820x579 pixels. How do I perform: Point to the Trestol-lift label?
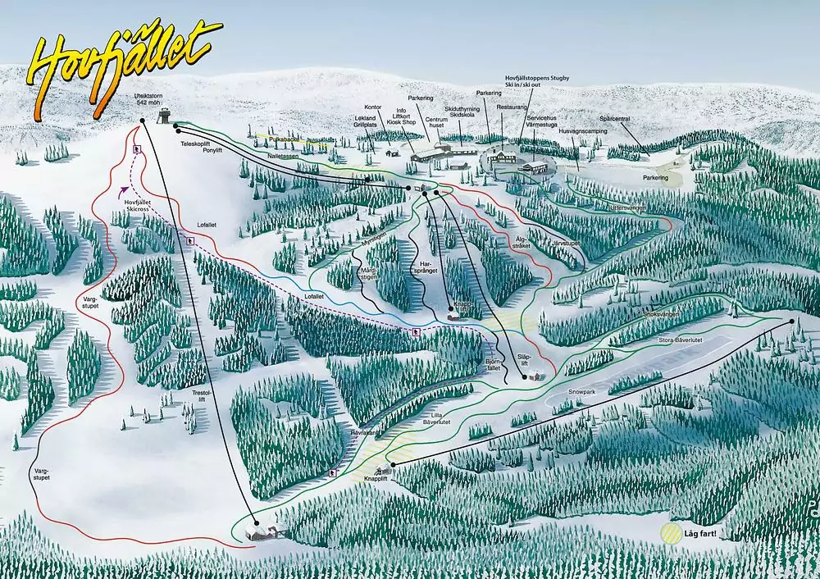click(x=202, y=397)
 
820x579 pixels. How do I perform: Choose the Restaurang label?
click(x=512, y=107)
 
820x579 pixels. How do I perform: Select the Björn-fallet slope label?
click(x=493, y=364)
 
